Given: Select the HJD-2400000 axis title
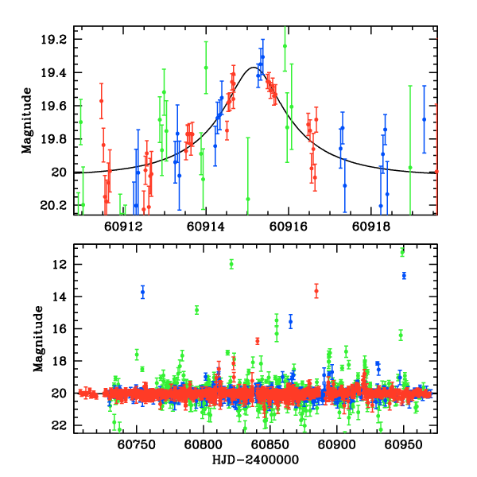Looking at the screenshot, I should click(x=254, y=460).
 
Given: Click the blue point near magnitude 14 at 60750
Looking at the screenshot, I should click(x=143, y=292).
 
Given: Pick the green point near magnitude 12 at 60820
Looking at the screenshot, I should click(x=231, y=263).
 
